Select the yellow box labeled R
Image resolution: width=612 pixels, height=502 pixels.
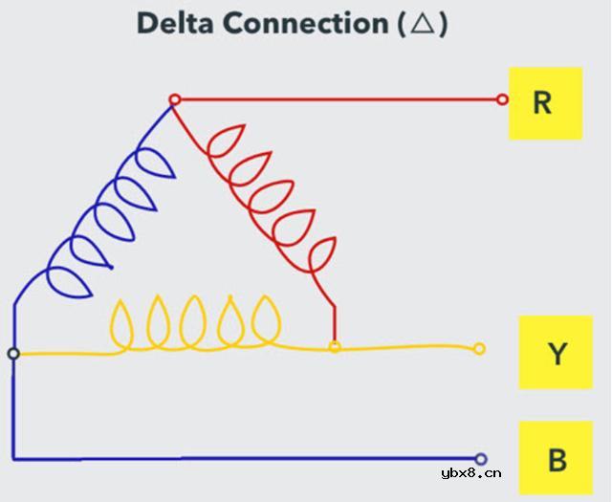544,102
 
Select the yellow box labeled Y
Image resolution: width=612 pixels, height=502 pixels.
557,354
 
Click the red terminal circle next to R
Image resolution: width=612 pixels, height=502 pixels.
503,98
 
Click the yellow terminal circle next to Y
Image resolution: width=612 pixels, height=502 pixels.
480,349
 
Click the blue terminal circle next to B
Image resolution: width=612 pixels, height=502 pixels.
480,459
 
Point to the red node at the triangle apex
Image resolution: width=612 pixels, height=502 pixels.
174,99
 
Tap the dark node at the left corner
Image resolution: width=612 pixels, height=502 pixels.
13,354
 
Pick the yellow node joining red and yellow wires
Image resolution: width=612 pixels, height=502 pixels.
335,346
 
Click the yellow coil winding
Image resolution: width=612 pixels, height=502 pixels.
196,325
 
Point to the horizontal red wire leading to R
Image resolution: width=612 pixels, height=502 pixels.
335,98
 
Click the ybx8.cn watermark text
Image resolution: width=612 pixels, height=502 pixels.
471,472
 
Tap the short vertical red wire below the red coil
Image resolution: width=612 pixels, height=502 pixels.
334,322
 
